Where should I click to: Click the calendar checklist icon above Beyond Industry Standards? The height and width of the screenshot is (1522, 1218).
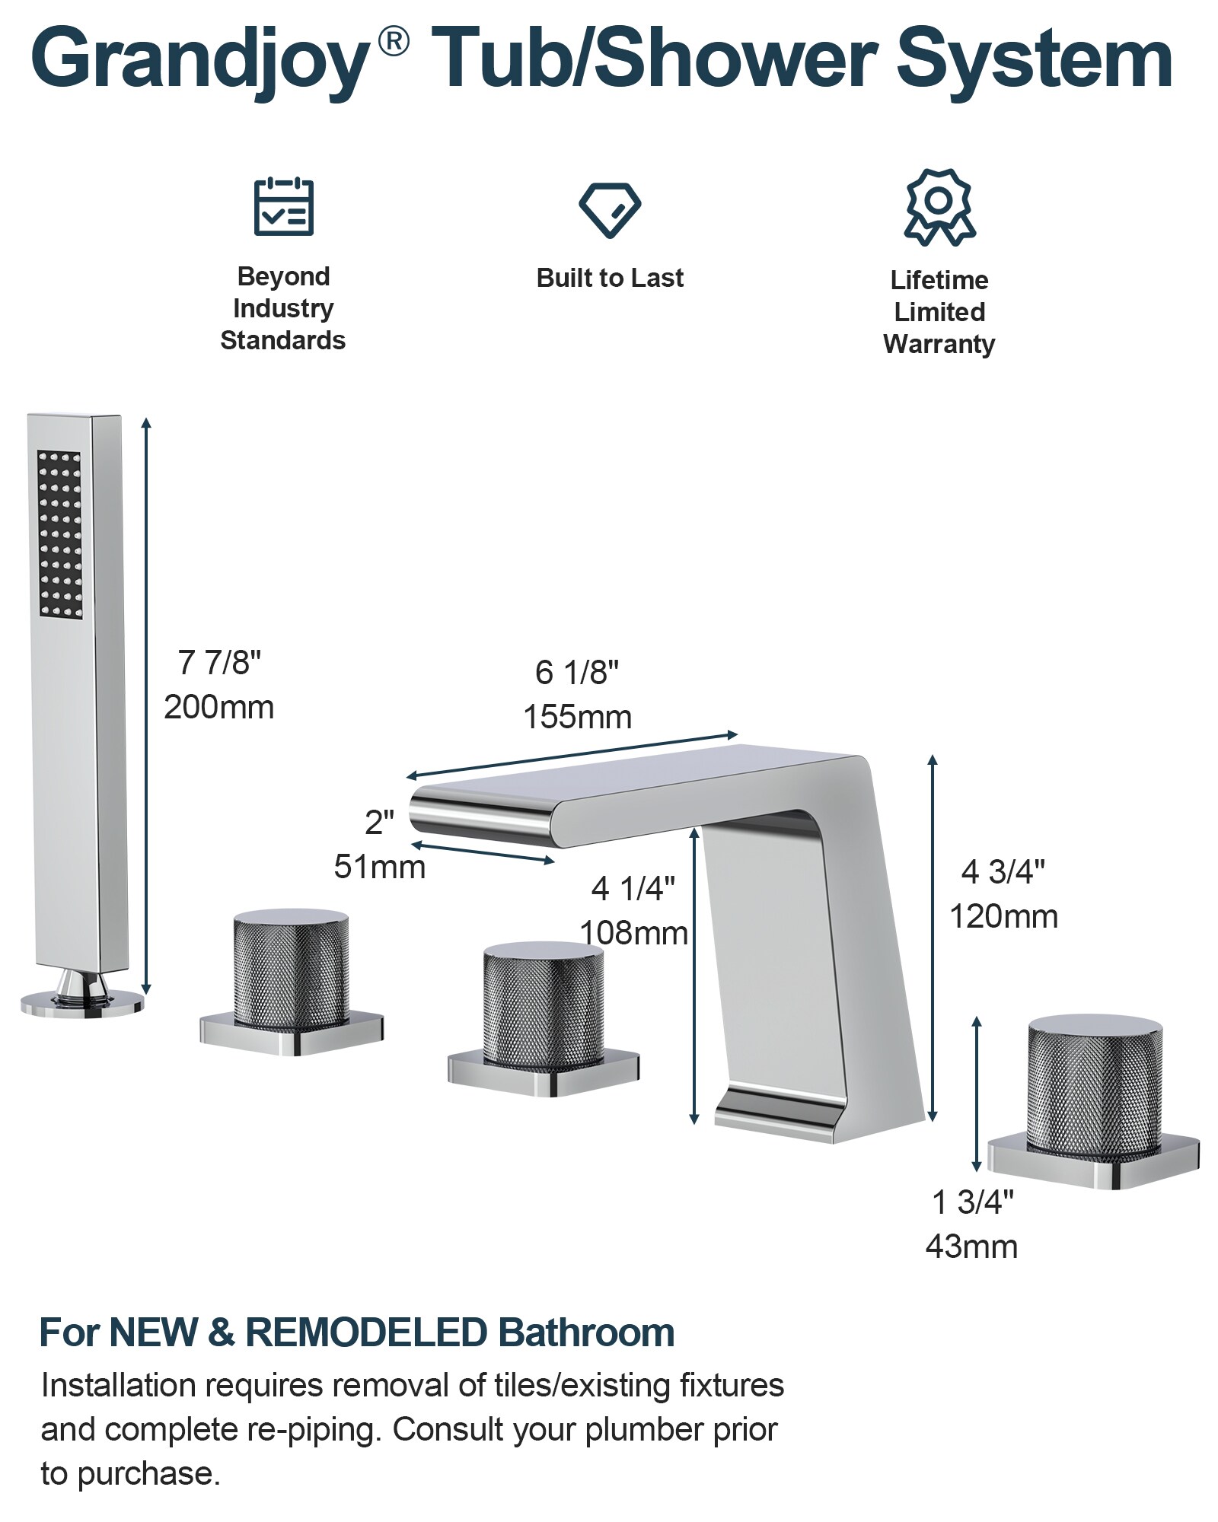pos(283,206)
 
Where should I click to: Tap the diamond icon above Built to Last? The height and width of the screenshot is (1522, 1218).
pos(610,209)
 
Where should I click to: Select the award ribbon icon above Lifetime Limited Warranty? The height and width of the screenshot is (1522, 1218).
pos(940,207)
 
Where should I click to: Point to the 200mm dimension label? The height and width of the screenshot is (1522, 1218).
pos(219,708)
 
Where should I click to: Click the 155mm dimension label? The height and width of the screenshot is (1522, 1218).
pos(578,717)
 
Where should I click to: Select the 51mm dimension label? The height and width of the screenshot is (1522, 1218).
pos(380,867)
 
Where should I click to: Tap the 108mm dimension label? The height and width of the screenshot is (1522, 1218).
pos(634,933)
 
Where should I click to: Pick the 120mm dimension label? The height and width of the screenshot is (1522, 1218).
pos(1003,916)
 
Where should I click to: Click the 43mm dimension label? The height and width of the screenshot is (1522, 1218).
pos(972,1247)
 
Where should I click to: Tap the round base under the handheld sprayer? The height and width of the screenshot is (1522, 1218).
pos(81,1002)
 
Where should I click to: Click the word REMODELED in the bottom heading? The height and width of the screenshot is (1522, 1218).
pos(366,1333)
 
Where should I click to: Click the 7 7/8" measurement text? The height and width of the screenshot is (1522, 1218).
pos(219,663)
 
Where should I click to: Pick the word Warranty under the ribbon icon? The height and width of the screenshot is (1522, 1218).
pos(939,345)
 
